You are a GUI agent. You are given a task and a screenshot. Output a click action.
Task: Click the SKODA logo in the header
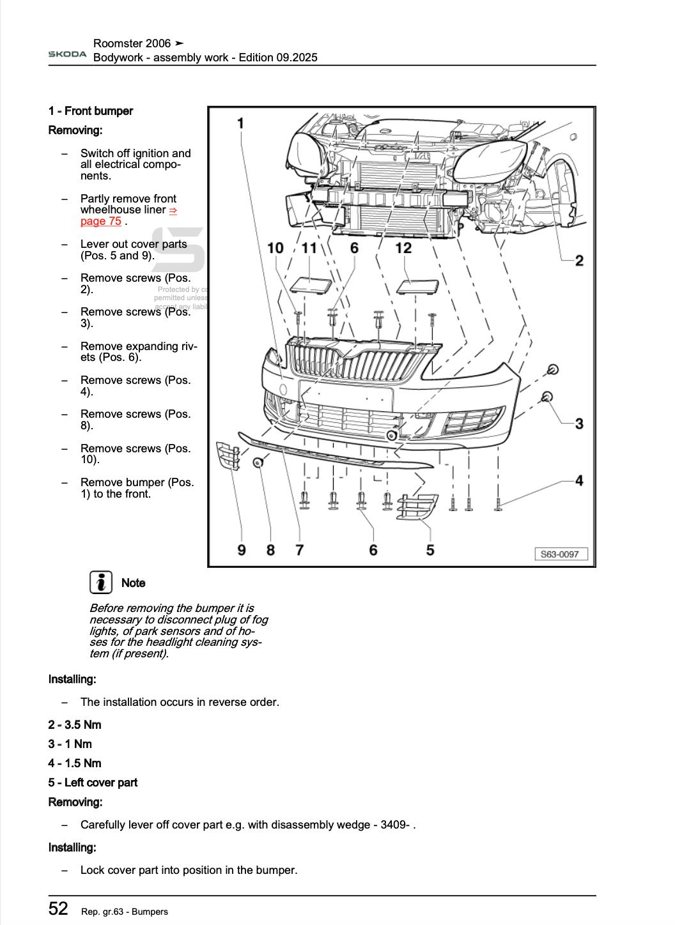67,54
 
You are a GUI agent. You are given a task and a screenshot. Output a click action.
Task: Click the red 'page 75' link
101,221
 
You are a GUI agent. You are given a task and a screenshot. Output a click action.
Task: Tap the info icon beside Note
100,582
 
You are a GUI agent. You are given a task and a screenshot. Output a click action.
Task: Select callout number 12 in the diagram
403,247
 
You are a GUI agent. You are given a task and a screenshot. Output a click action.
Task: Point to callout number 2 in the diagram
578,260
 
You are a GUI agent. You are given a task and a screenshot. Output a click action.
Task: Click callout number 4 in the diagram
578,480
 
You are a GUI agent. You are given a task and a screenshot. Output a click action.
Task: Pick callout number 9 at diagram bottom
242,549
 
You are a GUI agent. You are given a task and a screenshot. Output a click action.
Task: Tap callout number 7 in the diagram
299,549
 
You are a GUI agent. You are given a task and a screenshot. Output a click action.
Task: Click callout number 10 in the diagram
275,247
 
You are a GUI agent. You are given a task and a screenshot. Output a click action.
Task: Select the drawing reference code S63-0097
560,554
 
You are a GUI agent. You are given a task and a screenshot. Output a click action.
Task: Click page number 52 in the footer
58,908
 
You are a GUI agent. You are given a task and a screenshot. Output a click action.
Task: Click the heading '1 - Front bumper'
91,111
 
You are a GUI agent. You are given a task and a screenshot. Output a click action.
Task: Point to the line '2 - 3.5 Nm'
75,724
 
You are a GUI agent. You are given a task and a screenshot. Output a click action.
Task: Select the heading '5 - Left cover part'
93,783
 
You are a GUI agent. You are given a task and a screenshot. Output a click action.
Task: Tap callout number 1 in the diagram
240,123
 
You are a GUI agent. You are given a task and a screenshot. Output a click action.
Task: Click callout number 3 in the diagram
578,423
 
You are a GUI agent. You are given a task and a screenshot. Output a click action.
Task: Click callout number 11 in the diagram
309,247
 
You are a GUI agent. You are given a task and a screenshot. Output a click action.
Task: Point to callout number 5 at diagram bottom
430,549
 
